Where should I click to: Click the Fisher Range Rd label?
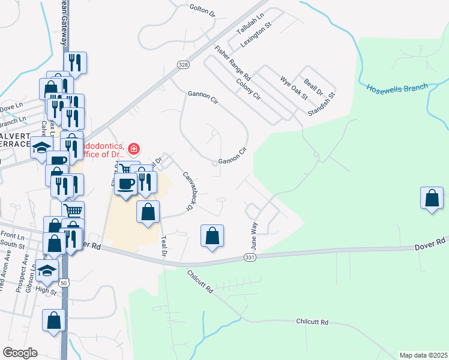tap(232, 64)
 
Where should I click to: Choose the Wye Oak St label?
tap(294, 88)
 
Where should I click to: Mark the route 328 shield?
tap(183, 65)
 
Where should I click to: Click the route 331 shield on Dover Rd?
tap(250, 257)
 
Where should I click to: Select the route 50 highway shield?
tap(64, 282)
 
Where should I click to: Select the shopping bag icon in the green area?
tap(432, 197)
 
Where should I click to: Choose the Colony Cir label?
tap(249, 89)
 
